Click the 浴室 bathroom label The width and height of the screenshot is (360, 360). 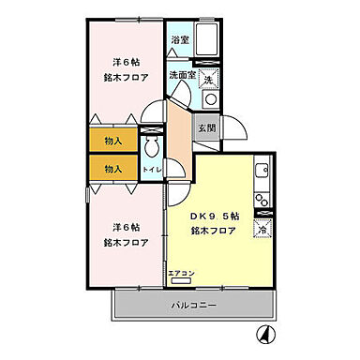(180, 41)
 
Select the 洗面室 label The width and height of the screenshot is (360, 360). (182, 75)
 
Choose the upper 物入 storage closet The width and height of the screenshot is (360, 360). (112, 141)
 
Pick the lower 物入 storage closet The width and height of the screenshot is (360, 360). (112, 169)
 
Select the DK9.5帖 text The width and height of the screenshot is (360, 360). (215, 216)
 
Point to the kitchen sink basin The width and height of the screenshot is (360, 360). (262, 172)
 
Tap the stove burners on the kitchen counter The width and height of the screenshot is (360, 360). (262, 198)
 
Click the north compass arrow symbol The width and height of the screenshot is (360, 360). (265, 333)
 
